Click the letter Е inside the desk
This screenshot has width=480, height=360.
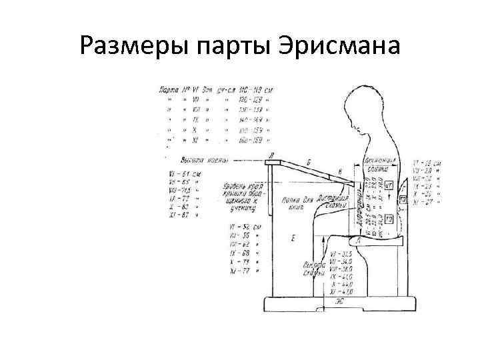point(294,237)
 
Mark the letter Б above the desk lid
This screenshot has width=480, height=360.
point(309,162)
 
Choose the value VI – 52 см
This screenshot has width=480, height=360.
point(242,227)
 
